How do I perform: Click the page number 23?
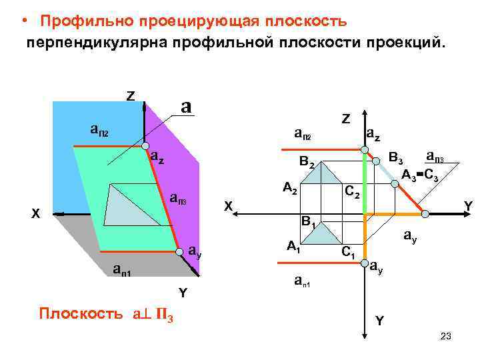[446, 337]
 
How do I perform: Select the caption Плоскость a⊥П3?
[106, 313]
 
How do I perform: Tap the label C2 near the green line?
[351, 193]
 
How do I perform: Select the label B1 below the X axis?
[309, 220]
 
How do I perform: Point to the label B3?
[396, 159]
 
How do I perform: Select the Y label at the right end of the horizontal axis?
[468, 207]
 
